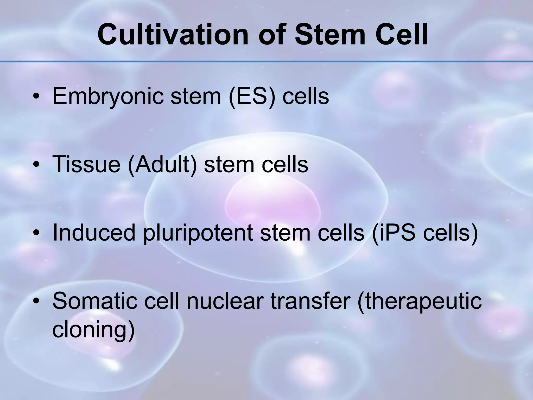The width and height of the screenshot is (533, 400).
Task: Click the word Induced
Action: click(x=94, y=232)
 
